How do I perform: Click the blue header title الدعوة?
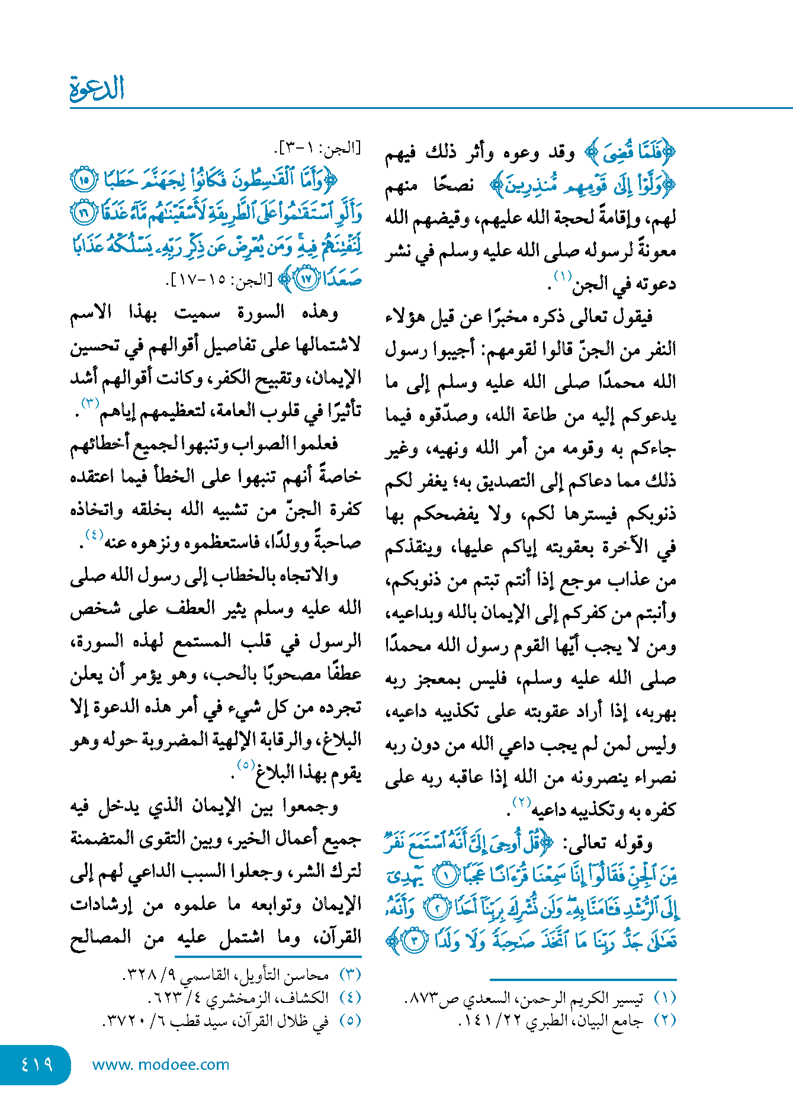[97, 89]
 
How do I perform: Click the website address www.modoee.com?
[160, 1065]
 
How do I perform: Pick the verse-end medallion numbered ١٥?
[82, 179]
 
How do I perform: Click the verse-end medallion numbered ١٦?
[84, 213]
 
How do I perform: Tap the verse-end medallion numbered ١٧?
[306, 279]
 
